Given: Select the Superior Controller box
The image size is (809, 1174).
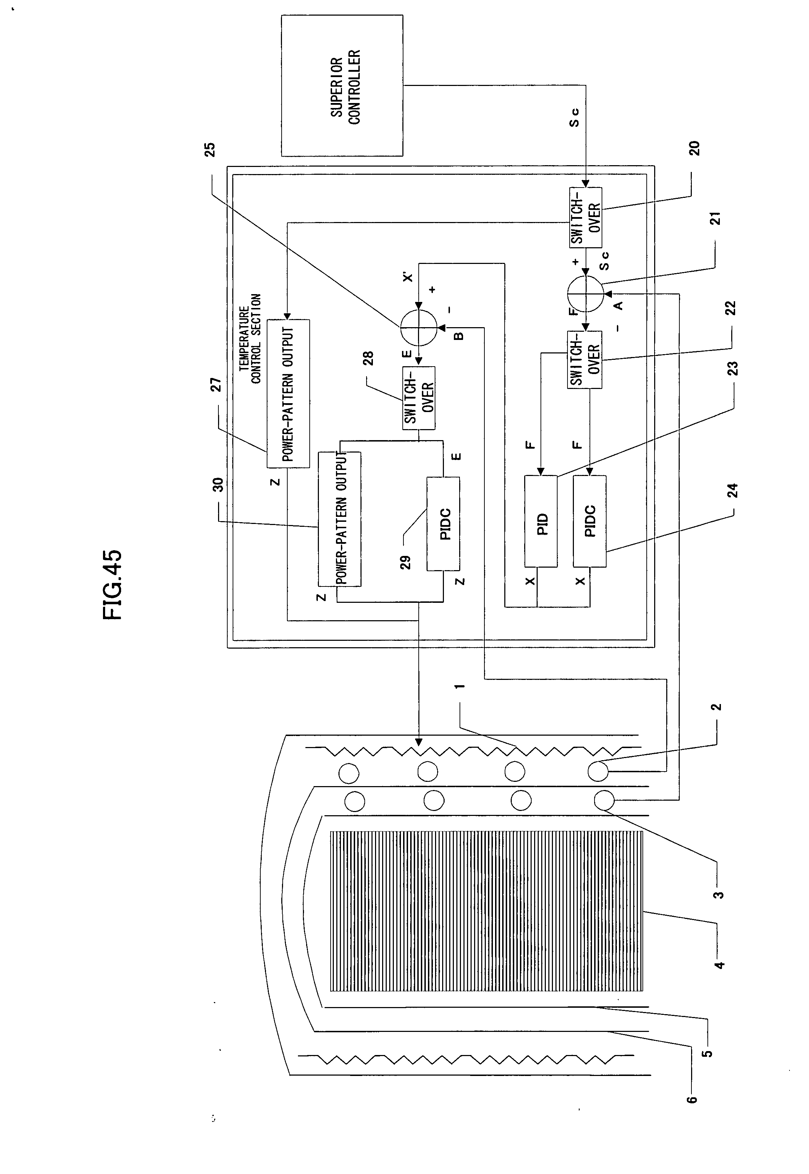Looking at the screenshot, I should [342, 85].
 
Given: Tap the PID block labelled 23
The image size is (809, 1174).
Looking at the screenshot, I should [541, 521].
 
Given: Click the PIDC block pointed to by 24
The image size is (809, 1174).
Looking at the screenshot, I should [590, 521].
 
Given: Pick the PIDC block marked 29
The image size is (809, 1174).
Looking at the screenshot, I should [444, 524].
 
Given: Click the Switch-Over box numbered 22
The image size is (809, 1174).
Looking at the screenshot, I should [585, 359].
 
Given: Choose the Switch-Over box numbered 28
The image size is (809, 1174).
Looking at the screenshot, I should [419, 397].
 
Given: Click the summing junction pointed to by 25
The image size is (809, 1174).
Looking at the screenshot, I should [418, 328].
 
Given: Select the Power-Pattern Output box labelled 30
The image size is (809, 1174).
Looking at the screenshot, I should [340, 519].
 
